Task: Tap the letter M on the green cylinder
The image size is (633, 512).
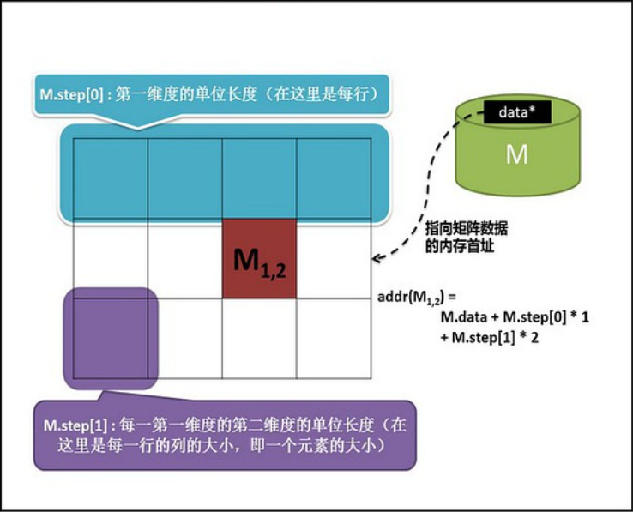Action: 516,154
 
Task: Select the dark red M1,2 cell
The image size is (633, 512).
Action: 259,259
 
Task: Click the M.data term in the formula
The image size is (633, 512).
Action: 467,317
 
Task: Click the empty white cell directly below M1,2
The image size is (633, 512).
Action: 259,337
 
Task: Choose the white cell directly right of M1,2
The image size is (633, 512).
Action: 334,259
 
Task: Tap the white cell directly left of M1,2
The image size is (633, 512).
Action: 185,259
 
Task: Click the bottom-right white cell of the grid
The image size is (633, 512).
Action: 334,337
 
